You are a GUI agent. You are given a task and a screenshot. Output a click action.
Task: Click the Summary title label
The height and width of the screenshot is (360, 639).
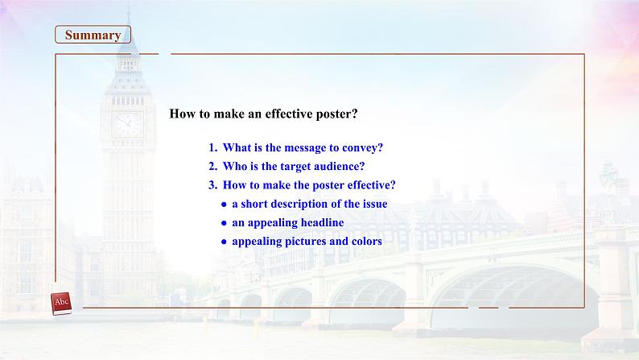(93, 35)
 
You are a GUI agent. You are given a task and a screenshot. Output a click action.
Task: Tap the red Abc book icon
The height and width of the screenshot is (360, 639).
(61, 304)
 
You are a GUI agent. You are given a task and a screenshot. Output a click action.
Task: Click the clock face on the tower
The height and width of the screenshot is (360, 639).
(127, 124)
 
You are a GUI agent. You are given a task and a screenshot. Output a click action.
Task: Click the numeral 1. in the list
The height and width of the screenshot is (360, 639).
(213, 147)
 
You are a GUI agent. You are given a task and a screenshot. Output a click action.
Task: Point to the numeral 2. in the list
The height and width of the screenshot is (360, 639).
(213, 167)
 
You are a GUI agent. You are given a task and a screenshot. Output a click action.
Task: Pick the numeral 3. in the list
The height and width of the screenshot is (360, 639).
(213, 185)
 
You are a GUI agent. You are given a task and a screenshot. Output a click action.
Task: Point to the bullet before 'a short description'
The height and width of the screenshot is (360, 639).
(224, 205)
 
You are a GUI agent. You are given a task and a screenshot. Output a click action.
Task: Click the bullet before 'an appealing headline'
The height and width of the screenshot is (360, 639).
(224, 223)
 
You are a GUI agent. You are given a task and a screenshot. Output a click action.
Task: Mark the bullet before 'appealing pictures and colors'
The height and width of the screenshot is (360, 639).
(224, 242)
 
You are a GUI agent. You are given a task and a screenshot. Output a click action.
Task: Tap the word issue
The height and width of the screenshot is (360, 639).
(375, 204)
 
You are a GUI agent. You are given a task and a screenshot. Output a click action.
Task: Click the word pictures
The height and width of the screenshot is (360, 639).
(306, 242)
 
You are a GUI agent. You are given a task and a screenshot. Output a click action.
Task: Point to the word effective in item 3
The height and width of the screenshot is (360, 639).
(369, 185)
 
